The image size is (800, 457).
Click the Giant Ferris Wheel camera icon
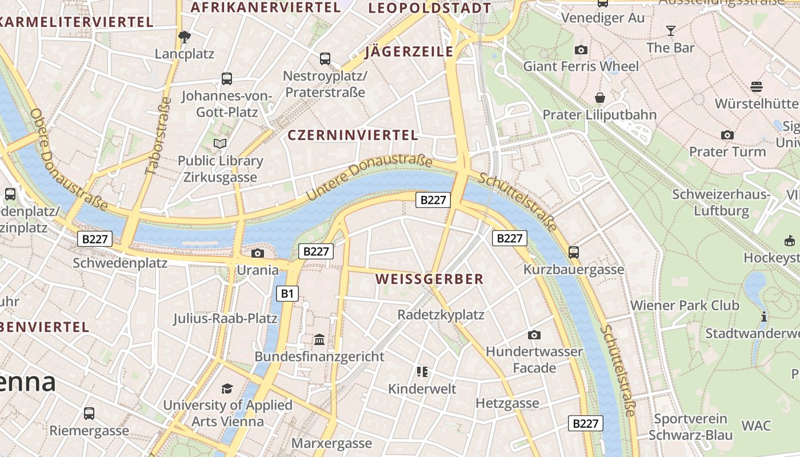coord(581,50)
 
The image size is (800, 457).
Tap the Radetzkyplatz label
coord(441,315)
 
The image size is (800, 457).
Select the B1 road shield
coord(287,294)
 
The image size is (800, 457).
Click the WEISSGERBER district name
coord(429,279)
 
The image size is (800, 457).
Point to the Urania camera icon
coord(258,253)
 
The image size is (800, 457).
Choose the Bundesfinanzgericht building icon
coord(319,340)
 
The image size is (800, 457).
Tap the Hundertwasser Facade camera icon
coord(534,335)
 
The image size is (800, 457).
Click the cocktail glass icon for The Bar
coord(671,30)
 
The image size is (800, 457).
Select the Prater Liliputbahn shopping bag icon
coord(599,98)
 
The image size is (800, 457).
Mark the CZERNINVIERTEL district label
coord(353,135)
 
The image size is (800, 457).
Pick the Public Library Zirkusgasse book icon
coord(220,143)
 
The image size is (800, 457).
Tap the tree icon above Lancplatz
coord(184,37)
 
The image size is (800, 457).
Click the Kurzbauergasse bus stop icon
coord(574,252)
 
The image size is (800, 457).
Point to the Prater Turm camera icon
coord(727,135)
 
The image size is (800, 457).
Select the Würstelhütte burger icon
coord(757,87)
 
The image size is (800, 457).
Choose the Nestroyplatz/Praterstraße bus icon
coord(325,58)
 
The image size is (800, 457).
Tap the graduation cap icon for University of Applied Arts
coord(227,388)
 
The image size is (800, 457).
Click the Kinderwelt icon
coord(422,372)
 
